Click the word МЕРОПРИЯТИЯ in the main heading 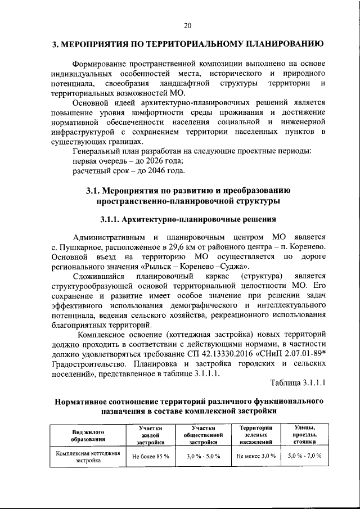98,44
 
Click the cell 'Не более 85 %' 151,456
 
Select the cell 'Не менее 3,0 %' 254,456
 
